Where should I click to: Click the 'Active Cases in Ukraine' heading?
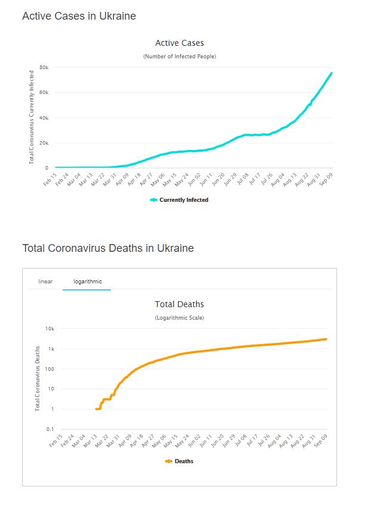(x=79, y=16)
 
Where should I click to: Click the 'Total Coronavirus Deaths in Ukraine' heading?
(x=108, y=248)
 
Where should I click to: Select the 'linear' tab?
(x=45, y=281)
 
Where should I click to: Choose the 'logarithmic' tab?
(x=86, y=281)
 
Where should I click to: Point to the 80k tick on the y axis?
(x=44, y=67)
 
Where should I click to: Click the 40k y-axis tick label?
(x=44, y=118)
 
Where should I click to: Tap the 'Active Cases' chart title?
(x=180, y=43)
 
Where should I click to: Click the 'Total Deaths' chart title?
(x=180, y=304)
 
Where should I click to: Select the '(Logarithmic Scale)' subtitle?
(x=180, y=318)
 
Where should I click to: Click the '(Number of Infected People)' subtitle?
(x=180, y=57)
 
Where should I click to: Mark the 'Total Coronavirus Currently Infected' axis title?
(x=32, y=117)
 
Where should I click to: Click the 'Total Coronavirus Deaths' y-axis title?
(x=38, y=379)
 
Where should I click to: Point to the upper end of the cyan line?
(x=332, y=73)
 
